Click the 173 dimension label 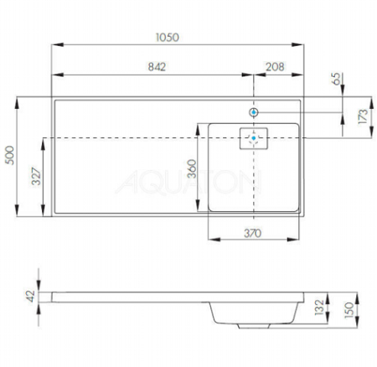click(x=361, y=116)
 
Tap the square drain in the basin click(x=253, y=138)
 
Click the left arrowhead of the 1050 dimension click(x=55, y=45)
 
